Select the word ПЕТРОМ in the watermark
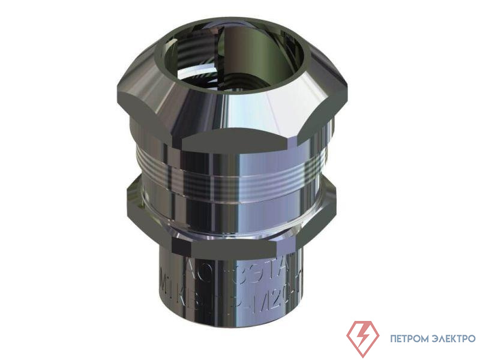point(408,338)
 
